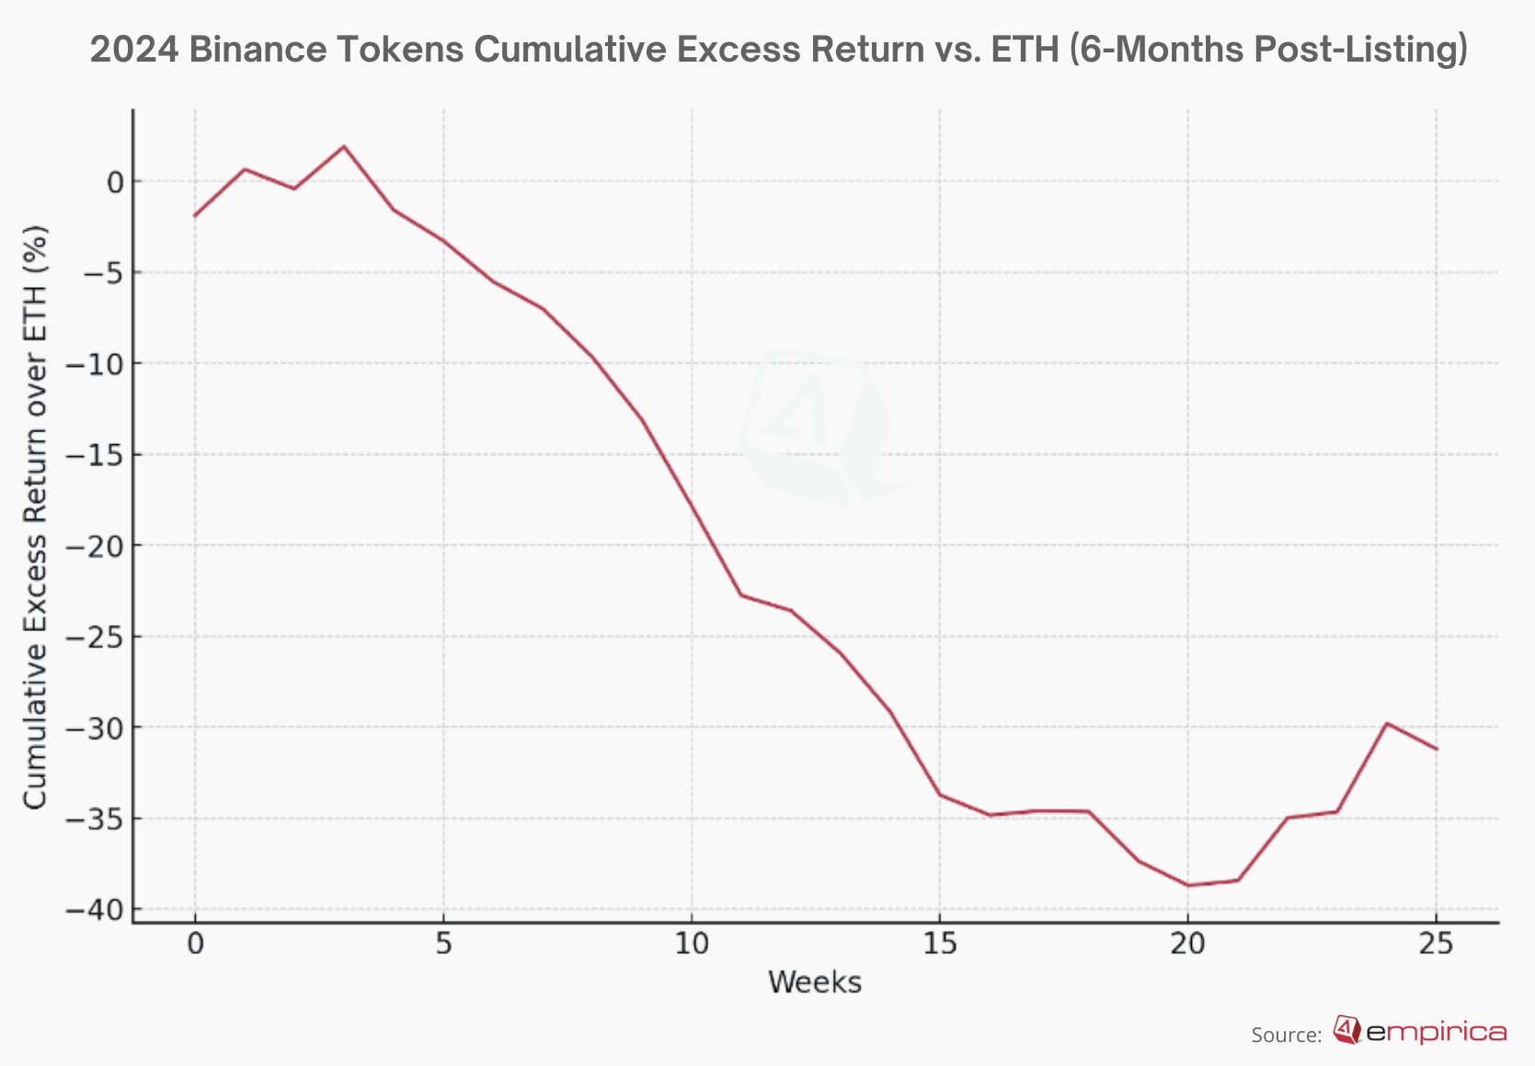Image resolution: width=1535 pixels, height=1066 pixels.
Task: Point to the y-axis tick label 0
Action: coord(115,182)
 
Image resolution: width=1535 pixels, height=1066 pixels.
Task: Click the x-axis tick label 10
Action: coord(691,945)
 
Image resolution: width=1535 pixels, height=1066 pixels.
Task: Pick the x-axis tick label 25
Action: coord(1436,945)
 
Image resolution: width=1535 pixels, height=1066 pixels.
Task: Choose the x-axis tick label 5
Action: coord(443,945)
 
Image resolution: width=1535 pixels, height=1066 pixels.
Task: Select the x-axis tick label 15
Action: coord(939,945)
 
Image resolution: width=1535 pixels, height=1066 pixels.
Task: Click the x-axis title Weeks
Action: coord(815,982)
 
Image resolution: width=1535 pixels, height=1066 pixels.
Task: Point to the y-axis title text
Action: coord(35,518)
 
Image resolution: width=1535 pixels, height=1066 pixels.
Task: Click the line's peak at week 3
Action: coord(344,146)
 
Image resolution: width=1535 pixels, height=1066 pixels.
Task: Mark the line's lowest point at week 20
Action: coord(1187,886)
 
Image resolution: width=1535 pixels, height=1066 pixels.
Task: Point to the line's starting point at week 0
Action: coord(195,215)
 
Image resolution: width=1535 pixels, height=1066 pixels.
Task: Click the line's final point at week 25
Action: coord(1436,749)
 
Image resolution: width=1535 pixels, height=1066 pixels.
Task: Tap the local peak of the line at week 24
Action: coord(1386,723)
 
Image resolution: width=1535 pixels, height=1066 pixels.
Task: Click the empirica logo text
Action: coord(1437,1033)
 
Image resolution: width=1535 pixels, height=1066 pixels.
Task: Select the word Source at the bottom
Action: coord(1284,1035)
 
